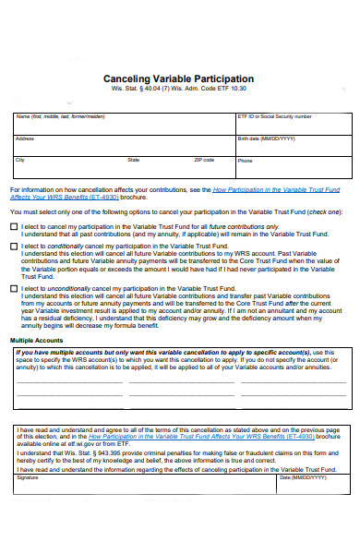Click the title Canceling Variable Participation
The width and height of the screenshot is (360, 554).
click(179, 79)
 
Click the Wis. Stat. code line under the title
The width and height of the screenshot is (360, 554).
click(179, 90)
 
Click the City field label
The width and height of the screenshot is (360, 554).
click(20, 160)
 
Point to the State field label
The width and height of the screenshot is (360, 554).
click(134, 160)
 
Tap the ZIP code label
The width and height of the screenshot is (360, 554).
click(204, 160)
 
